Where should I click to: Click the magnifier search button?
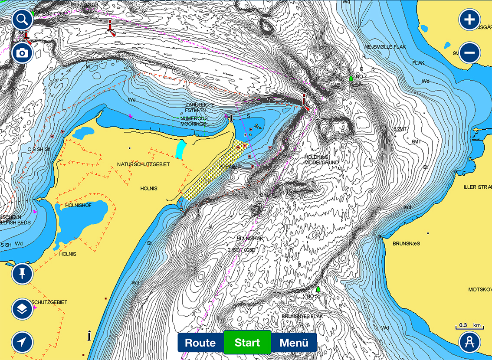[23, 20]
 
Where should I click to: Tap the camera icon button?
[23, 53]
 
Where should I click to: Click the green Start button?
[247, 342]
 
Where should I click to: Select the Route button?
[200, 342]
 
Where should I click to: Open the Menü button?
[294, 342]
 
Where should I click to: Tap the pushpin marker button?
[23, 274]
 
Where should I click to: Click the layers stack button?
[23, 309]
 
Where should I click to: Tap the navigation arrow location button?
[23, 342]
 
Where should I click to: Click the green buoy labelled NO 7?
[351, 79]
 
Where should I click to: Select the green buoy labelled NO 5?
[318, 289]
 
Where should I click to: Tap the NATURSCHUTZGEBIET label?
[143, 164]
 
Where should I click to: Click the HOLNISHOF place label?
[78, 205]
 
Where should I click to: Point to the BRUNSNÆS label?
[406, 243]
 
